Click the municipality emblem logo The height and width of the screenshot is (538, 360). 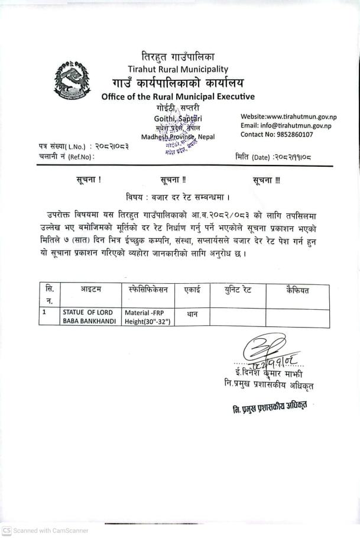[x=73, y=79]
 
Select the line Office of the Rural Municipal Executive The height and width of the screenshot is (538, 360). [x=177, y=96]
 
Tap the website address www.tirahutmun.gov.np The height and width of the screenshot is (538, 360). [x=288, y=116]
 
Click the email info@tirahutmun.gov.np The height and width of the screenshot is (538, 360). [x=286, y=125]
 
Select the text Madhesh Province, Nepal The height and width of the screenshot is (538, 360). [x=178, y=137]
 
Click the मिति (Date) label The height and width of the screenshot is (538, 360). [x=252, y=157]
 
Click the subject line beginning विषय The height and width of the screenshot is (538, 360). [x=178, y=196]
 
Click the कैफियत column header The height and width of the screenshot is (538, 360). [x=297, y=290]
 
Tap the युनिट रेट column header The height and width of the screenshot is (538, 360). [x=237, y=290]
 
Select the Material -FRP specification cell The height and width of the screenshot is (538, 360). [x=147, y=317]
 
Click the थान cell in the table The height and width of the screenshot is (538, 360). [x=192, y=315]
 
